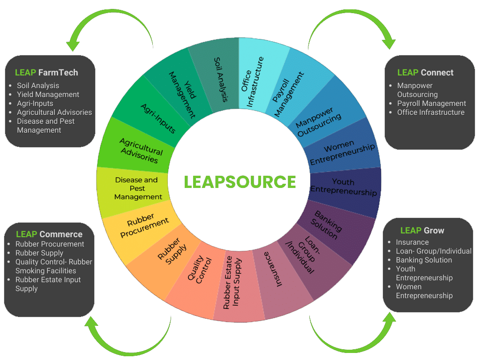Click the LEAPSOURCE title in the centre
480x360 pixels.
point(240,182)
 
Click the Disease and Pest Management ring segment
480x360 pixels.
point(136,188)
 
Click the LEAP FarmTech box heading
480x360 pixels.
point(46,73)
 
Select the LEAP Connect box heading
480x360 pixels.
point(425,73)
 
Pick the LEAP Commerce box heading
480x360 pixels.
point(49,234)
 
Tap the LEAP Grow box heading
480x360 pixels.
point(422,231)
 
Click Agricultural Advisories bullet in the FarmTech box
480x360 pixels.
point(54,112)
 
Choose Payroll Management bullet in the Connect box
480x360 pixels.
point(431,104)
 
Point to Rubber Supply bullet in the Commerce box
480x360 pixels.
point(39,253)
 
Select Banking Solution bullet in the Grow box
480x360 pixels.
point(424,260)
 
